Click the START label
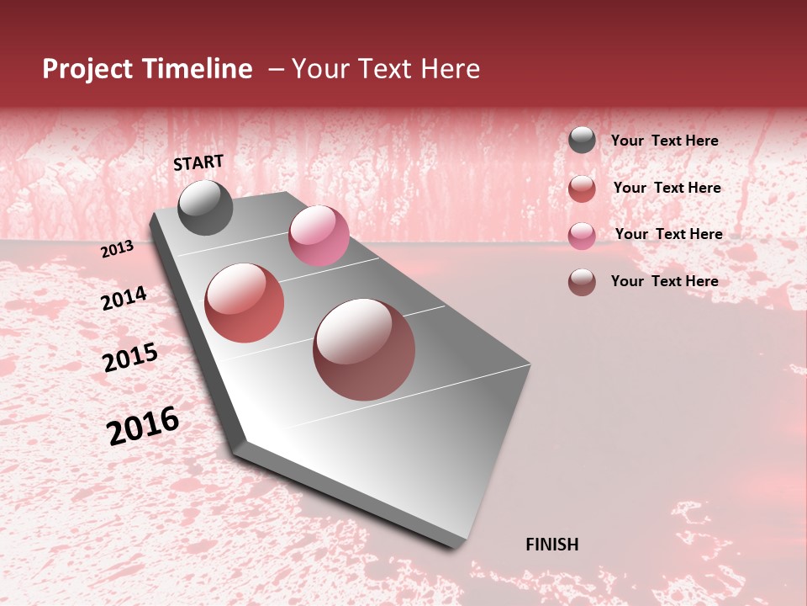[x=198, y=162]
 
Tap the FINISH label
[x=551, y=545]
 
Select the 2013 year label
[x=117, y=249]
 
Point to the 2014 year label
[x=124, y=299]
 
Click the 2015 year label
[x=130, y=358]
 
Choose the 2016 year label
[x=143, y=426]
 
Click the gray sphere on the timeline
[x=205, y=207]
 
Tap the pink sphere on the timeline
[x=319, y=236]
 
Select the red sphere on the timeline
[x=245, y=303]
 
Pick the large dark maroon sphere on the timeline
[x=364, y=349]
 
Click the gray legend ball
[x=582, y=141]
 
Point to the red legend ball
[x=582, y=188]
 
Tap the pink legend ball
[x=582, y=235]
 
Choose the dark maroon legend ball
[x=582, y=282]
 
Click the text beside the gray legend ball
[x=664, y=141]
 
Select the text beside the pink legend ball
[x=668, y=234]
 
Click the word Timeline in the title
[x=197, y=69]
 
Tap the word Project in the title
[x=87, y=69]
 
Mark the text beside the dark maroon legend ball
[x=664, y=281]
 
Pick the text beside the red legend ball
[x=667, y=188]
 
